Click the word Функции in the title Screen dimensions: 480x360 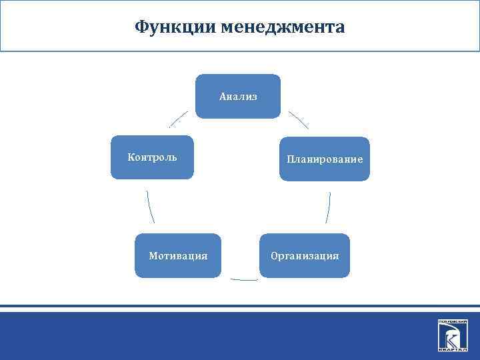(175, 27)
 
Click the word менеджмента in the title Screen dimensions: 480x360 (283, 27)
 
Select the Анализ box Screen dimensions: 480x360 (238, 96)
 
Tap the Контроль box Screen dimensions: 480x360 (152, 157)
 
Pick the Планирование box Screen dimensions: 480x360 (324, 159)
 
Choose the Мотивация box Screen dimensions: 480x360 (177, 255)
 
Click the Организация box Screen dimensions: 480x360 (305, 255)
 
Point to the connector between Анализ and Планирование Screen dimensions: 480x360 (298, 119)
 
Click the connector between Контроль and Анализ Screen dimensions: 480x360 (178, 119)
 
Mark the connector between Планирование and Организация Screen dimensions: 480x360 (328, 207)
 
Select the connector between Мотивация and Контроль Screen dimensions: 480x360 (151, 207)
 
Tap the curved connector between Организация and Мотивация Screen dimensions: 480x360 (243, 279)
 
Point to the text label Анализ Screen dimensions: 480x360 (238, 97)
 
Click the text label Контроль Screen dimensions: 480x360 (152, 157)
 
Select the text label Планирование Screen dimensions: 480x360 (324, 159)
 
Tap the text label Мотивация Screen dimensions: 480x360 (177, 255)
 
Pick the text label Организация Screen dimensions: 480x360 (305, 255)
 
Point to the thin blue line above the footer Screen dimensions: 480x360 (240, 307)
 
